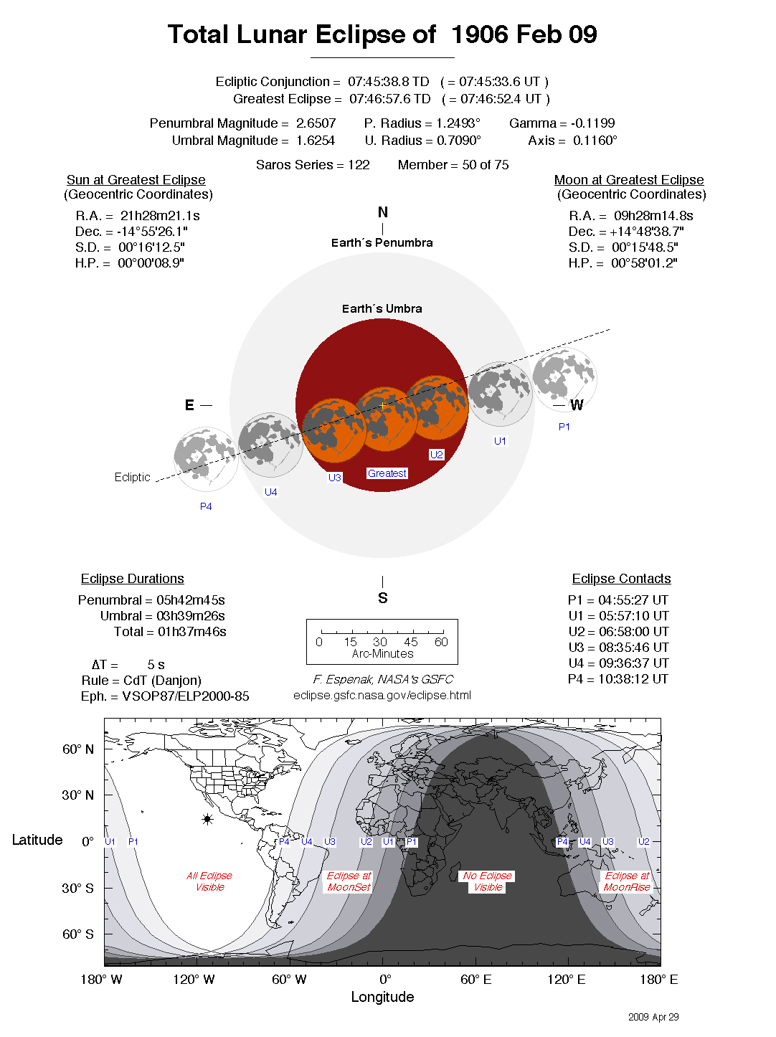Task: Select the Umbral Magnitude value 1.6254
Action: (316, 141)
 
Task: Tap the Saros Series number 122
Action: (359, 165)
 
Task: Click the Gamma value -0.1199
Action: (592, 123)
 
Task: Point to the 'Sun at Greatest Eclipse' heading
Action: (136, 180)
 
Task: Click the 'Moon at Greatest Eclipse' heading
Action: (629, 180)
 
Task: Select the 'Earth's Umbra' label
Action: (382, 309)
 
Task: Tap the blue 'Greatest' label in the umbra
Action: (387, 473)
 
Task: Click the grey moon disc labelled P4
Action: (205, 459)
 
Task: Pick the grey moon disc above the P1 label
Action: (564, 379)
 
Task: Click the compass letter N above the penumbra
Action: (383, 212)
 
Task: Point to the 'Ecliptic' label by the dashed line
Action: (133, 478)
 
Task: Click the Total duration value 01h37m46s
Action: (192, 632)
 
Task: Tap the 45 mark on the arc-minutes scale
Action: (411, 642)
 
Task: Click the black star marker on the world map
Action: (208, 819)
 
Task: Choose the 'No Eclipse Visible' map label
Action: (488, 881)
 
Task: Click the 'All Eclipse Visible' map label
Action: (209, 881)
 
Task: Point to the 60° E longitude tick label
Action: (475, 980)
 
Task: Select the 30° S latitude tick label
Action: (77, 888)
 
